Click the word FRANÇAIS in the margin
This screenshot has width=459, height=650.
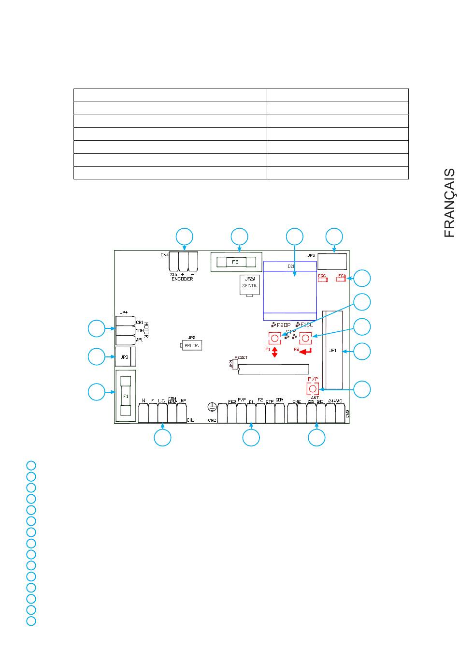point(449,203)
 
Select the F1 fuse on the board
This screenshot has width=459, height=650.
point(126,396)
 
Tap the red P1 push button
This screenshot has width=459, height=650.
point(274,338)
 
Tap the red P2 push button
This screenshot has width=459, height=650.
point(305,338)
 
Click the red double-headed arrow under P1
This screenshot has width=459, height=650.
point(274,352)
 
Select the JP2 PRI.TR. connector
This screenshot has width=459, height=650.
point(191,346)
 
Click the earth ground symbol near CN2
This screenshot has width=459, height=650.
point(211,406)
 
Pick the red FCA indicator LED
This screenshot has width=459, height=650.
point(342,279)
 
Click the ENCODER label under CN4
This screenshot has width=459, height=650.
point(182,279)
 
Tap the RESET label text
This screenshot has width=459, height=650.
point(241,358)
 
